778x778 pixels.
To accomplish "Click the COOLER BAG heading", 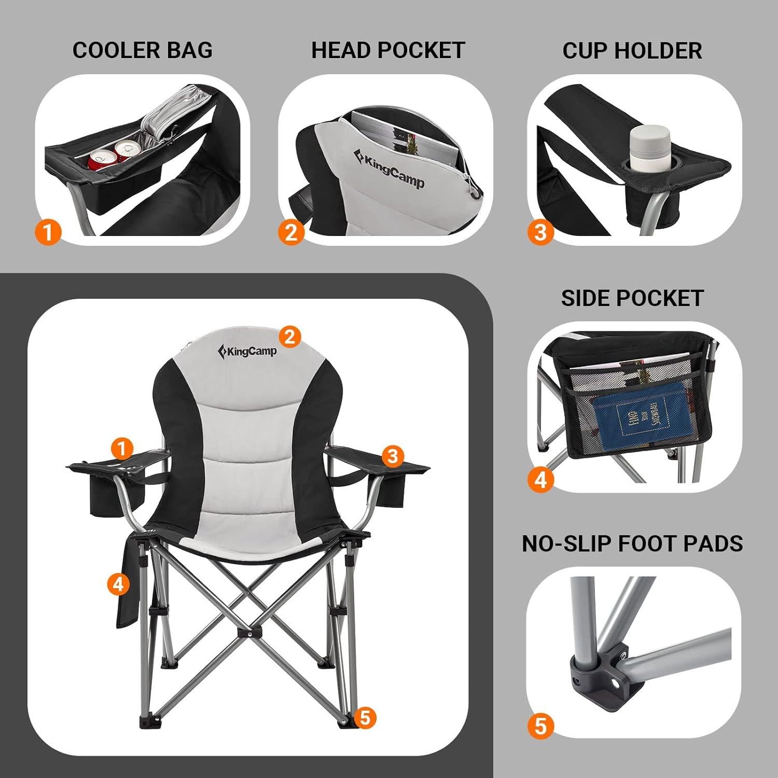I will tap(142, 50).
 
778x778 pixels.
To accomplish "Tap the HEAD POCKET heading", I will tap(387, 50).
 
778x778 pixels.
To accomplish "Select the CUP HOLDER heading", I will tap(632, 51).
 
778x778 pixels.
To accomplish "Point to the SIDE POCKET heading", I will tap(632, 298).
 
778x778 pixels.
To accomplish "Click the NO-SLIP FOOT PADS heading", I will tap(632, 544).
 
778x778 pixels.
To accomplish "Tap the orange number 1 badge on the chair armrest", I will tap(122, 448).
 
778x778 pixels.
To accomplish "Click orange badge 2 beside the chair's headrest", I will tap(289, 337).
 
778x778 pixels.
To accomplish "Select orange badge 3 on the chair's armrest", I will tap(393, 456).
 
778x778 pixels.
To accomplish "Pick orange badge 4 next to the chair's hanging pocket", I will tap(118, 584).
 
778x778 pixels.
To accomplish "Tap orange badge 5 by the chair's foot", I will tap(365, 718).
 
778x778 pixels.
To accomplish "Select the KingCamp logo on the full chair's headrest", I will tap(248, 351).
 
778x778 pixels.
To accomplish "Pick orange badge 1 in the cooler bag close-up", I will tap(48, 232).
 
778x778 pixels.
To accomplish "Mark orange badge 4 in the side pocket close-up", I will tap(540, 479).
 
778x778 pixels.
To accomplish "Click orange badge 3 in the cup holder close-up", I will tap(540, 232).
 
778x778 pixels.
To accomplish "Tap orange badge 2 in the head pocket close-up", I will tap(291, 232).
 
